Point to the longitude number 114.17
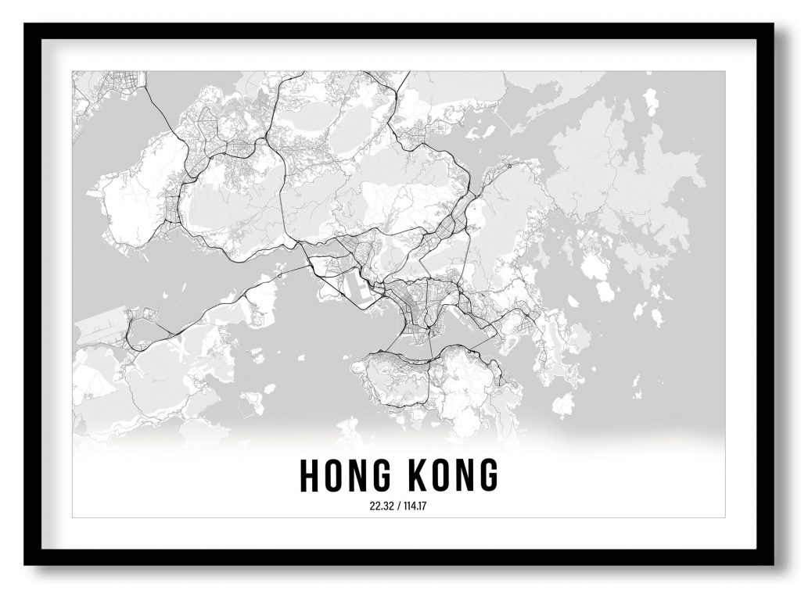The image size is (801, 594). pyautogui.click(x=416, y=505)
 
